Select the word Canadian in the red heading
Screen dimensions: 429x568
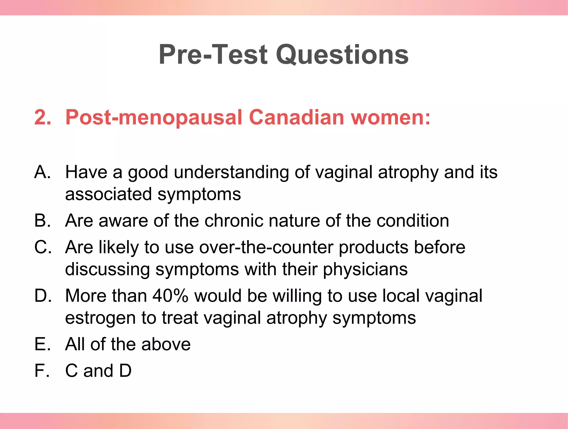(x=297, y=117)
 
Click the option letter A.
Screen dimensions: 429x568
(x=42, y=172)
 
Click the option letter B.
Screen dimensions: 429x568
(x=42, y=221)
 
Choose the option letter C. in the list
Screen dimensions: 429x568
(x=43, y=247)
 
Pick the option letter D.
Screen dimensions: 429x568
(x=43, y=296)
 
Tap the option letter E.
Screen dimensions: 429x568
(x=42, y=344)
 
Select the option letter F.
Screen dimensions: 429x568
(x=42, y=371)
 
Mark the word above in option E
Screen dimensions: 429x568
(x=166, y=344)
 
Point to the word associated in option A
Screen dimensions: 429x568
(x=108, y=194)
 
